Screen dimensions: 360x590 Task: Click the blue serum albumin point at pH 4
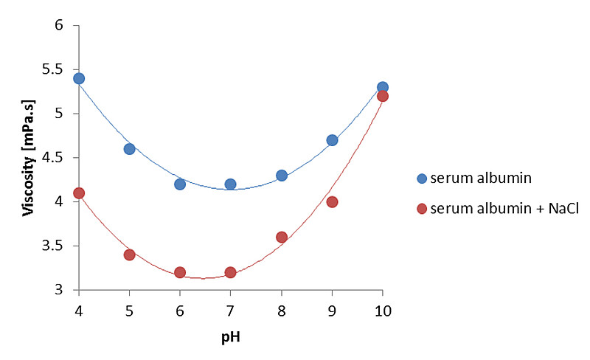pos(79,78)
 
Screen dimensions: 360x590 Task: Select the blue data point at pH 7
pos(230,184)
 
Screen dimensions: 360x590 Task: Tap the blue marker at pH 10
pos(382,87)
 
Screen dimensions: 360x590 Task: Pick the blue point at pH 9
pos(332,140)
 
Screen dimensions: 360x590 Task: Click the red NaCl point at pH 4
pos(79,193)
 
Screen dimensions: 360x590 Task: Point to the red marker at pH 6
pos(180,272)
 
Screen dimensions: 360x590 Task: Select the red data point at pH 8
pos(281,237)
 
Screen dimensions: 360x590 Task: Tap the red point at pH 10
pos(382,96)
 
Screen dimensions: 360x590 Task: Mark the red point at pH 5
pos(129,255)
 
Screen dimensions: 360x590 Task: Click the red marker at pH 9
pos(332,201)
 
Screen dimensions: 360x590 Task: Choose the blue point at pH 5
pos(129,148)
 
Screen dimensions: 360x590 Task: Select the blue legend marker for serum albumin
pos(422,178)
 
